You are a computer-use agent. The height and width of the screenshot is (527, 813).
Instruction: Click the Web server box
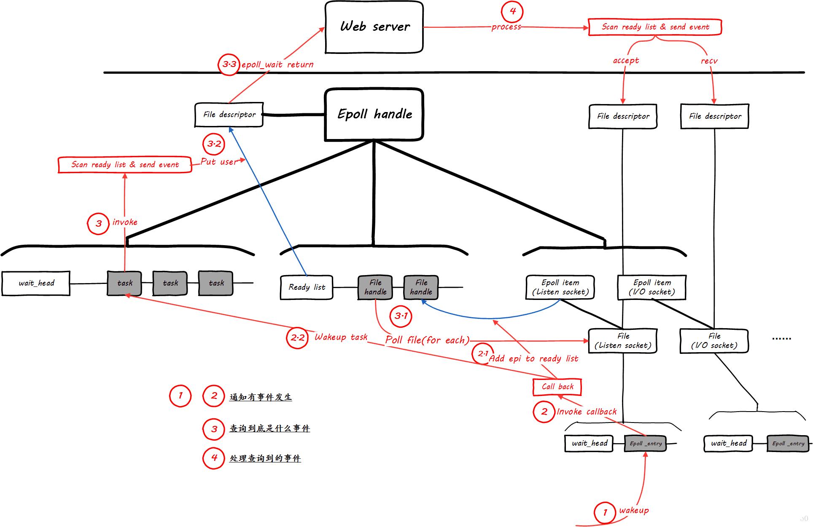(374, 27)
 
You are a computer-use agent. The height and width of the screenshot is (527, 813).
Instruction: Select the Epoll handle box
(374, 114)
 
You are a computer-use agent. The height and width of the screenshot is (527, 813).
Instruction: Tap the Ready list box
(307, 287)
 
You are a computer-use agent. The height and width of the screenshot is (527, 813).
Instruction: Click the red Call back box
(557, 387)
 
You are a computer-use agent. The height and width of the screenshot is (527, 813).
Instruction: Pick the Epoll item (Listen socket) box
(560, 287)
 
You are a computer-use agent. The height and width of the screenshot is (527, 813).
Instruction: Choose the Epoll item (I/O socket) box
(651, 287)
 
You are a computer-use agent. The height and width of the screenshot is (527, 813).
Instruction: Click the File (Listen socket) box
(623, 341)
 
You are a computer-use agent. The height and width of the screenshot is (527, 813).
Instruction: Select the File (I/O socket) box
(714, 341)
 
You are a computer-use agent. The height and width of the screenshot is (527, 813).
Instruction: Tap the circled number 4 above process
(512, 11)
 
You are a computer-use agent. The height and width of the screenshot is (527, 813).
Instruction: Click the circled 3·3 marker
(229, 64)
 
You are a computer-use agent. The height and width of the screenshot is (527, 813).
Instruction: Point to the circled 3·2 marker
(214, 144)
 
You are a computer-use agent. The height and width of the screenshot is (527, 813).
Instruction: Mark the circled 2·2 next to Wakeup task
(297, 338)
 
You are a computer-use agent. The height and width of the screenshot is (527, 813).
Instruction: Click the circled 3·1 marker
(401, 316)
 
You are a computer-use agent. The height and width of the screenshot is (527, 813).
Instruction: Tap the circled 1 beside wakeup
(605, 512)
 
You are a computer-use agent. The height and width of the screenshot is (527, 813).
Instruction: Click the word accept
(626, 60)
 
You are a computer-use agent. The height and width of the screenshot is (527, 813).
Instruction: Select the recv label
(709, 61)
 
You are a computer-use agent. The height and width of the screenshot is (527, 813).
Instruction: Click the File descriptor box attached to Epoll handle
(229, 115)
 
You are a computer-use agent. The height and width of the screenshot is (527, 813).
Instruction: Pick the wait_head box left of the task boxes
(36, 284)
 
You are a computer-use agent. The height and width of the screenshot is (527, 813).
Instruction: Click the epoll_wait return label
(277, 65)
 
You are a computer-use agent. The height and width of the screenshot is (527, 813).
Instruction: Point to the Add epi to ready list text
(533, 359)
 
